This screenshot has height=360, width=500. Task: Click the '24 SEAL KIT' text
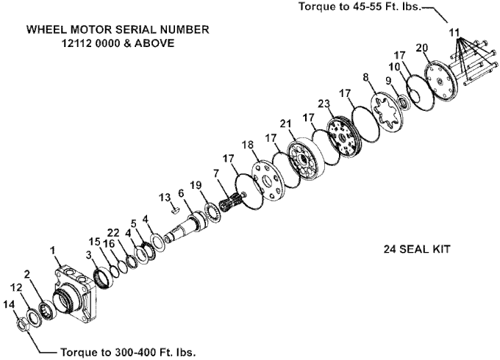[416, 249]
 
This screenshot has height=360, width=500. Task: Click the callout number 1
[53, 251]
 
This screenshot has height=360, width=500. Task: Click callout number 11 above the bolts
[454, 32]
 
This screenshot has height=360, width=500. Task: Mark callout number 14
[9, 304]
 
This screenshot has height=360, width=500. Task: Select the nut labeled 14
[22, 321]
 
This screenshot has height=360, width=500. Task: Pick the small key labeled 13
[175, 208]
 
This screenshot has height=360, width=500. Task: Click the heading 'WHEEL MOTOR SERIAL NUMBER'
[118, 30]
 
